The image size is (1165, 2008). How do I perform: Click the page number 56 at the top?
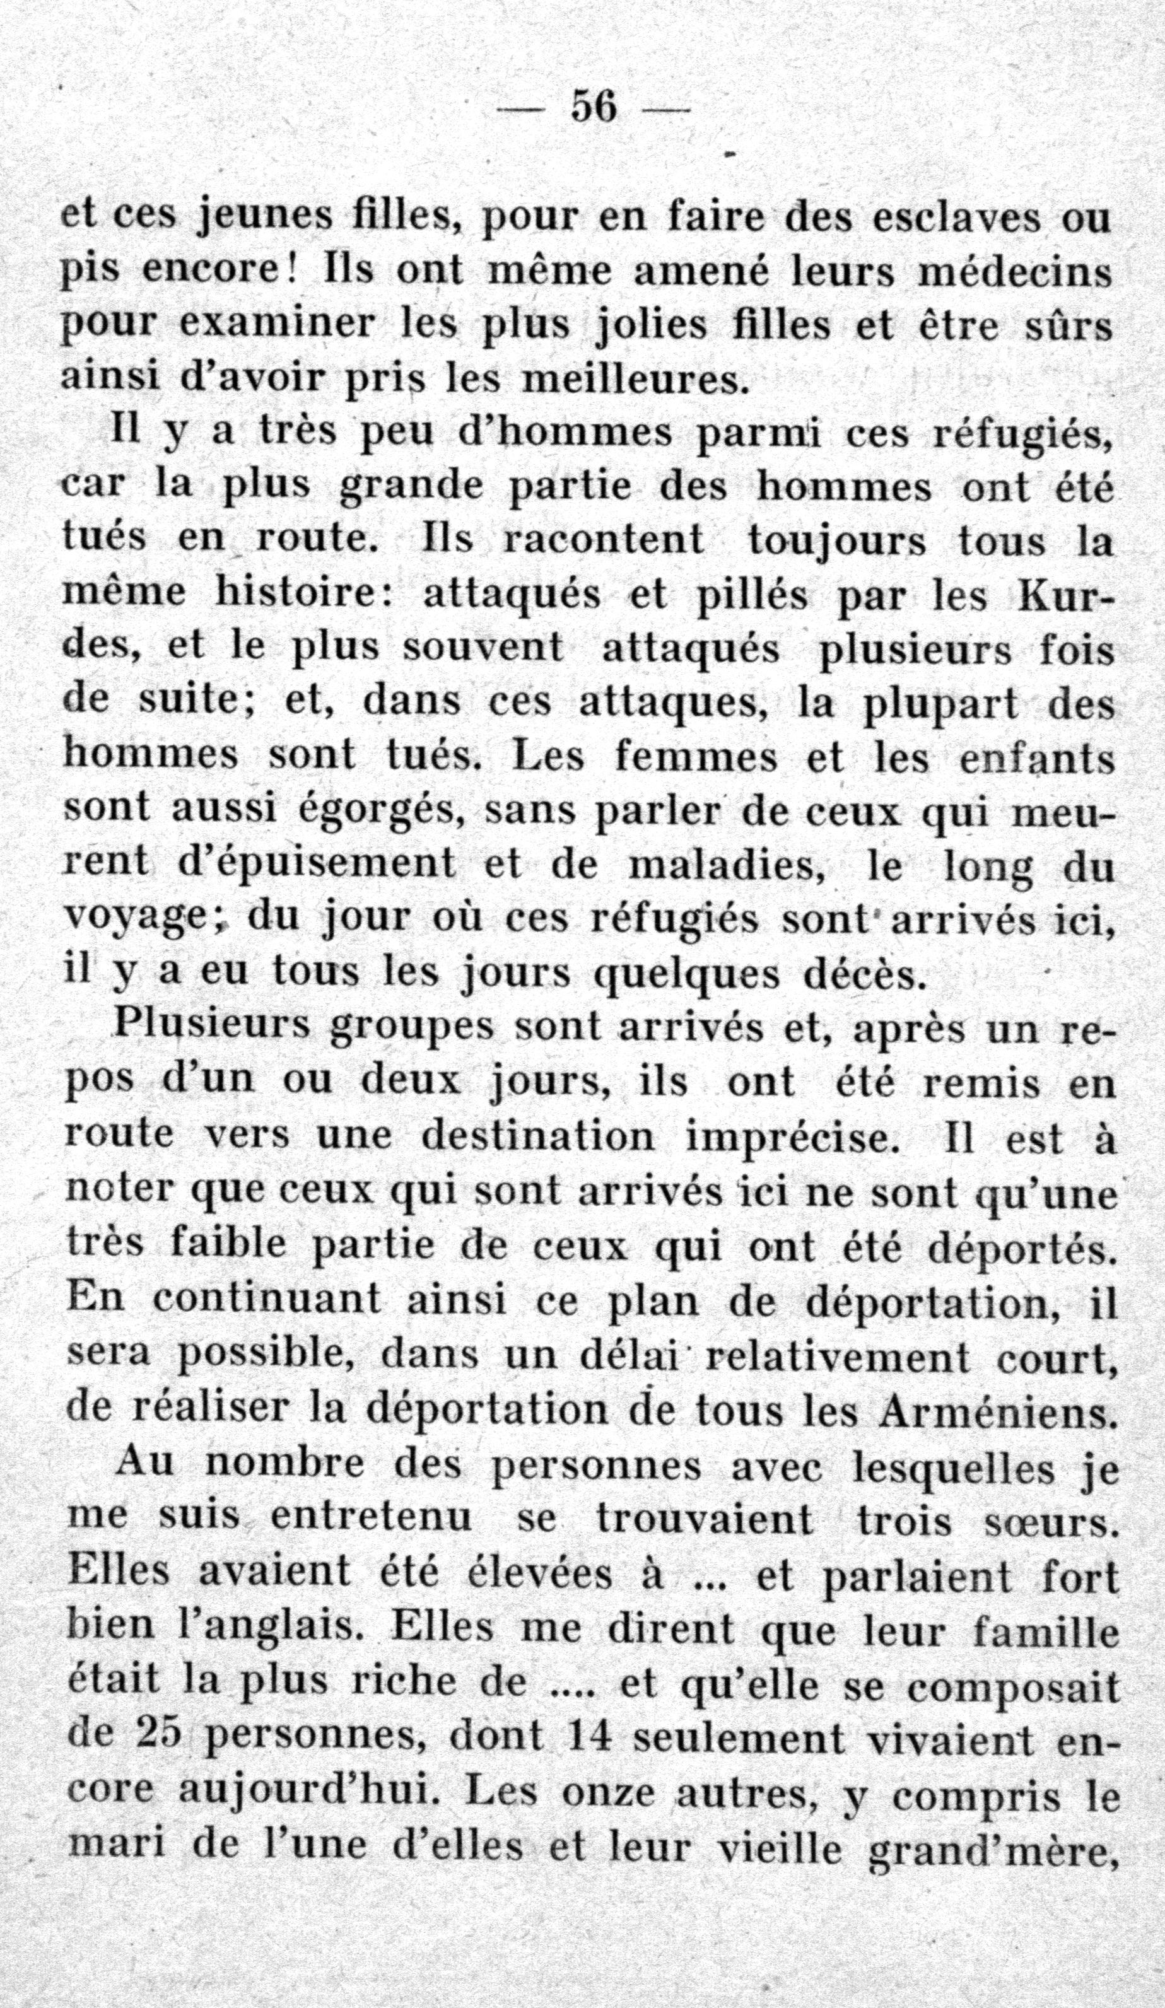pyautogui.click(x=594, y=106)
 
